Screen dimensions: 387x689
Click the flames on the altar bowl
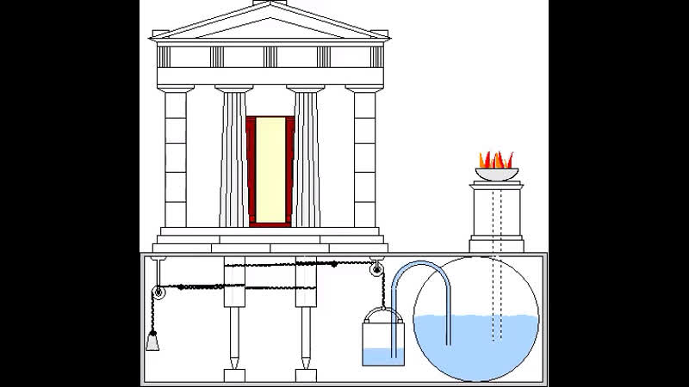[496, 160]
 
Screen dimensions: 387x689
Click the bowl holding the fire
[496, 175]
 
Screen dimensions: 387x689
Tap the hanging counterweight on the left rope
[152, 342]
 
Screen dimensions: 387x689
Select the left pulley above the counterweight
[159, 293]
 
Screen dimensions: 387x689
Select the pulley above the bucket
[376, 272]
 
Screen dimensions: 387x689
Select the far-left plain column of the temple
[175, 159]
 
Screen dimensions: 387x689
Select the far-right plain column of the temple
[364, 159]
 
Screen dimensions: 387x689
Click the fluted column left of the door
[233, 159]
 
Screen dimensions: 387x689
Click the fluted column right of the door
[306, 159]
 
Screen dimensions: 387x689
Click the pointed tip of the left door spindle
[233, 362]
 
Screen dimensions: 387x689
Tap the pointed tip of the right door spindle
[306, 362]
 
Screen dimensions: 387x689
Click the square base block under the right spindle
[306, 375]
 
